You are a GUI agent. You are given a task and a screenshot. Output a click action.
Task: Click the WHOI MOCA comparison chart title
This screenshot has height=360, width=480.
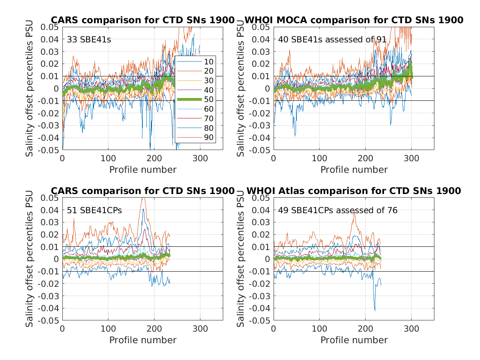[x=354, y=20]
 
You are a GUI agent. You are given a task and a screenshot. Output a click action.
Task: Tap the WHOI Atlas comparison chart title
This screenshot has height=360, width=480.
[x=354, y=191]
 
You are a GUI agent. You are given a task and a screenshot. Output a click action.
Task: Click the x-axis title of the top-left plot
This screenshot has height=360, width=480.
[x=143, y=170]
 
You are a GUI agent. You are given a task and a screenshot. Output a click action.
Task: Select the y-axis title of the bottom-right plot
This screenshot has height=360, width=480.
[x=241, y=259]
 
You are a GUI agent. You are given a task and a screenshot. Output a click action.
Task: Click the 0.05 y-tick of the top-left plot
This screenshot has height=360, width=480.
[x=51, y=27]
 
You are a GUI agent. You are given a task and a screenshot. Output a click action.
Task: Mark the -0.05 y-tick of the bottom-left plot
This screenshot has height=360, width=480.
[x=50, y=320]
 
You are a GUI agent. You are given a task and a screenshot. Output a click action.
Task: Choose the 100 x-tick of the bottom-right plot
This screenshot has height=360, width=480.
[x=319, y=328]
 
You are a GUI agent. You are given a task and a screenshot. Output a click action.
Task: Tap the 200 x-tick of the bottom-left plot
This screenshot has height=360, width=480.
[x=154, y=328]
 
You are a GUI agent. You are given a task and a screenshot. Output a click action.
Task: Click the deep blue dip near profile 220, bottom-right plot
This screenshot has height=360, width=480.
[x=375, y=309]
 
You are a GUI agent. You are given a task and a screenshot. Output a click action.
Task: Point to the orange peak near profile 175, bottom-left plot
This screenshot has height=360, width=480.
[x=143, y=198]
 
